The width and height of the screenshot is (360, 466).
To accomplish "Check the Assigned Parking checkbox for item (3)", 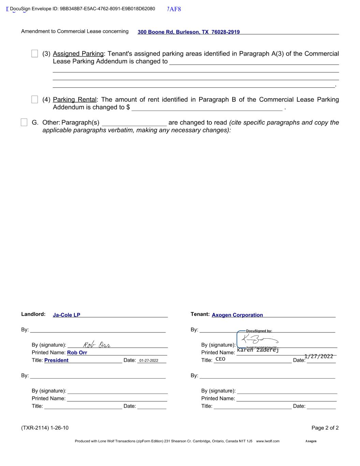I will pyautogui.click(x=34, y=54).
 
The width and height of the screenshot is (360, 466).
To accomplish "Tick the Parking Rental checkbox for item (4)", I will pyautogui.click(x=34, y=99).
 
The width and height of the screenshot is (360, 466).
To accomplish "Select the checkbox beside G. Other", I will pyautogui.click(x=24, y=122).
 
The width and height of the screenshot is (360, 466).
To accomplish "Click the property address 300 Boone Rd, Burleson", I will pyautogui.click(x=188, y=32).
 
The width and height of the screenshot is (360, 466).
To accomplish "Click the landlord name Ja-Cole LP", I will pyautogui.click(x=67, y=315).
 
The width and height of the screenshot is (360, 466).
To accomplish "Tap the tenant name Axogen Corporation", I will pyautogui.click(x=237, y=315).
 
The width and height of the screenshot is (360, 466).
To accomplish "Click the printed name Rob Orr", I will pyautogui.click(x=77, y=353).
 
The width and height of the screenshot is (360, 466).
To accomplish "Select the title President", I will pyautogui.click(x=56, y=360).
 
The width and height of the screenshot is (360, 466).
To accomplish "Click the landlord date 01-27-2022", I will pyautogui.click(x=148, y=361).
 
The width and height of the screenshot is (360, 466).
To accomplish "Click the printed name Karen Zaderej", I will pyautogui.click(x=258, y=350).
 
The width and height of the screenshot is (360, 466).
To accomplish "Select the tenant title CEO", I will pyautogui.click(x=220, y=359).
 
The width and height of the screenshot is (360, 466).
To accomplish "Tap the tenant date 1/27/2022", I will pyautogui.click(x=318, y=356).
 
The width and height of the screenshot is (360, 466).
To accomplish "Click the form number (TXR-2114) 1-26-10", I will pyautogui.click(x=45, y=428).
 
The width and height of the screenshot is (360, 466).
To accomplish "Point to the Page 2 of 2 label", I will pyautogui.click(x=325, y=428).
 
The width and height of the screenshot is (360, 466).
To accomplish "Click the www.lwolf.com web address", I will pyautogui.click(x=268, y=441).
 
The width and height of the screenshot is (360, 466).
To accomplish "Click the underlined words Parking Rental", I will pyautogui.click(x=75, y=100).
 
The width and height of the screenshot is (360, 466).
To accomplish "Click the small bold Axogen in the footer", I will pyautogui.click(x=311, y=441).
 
